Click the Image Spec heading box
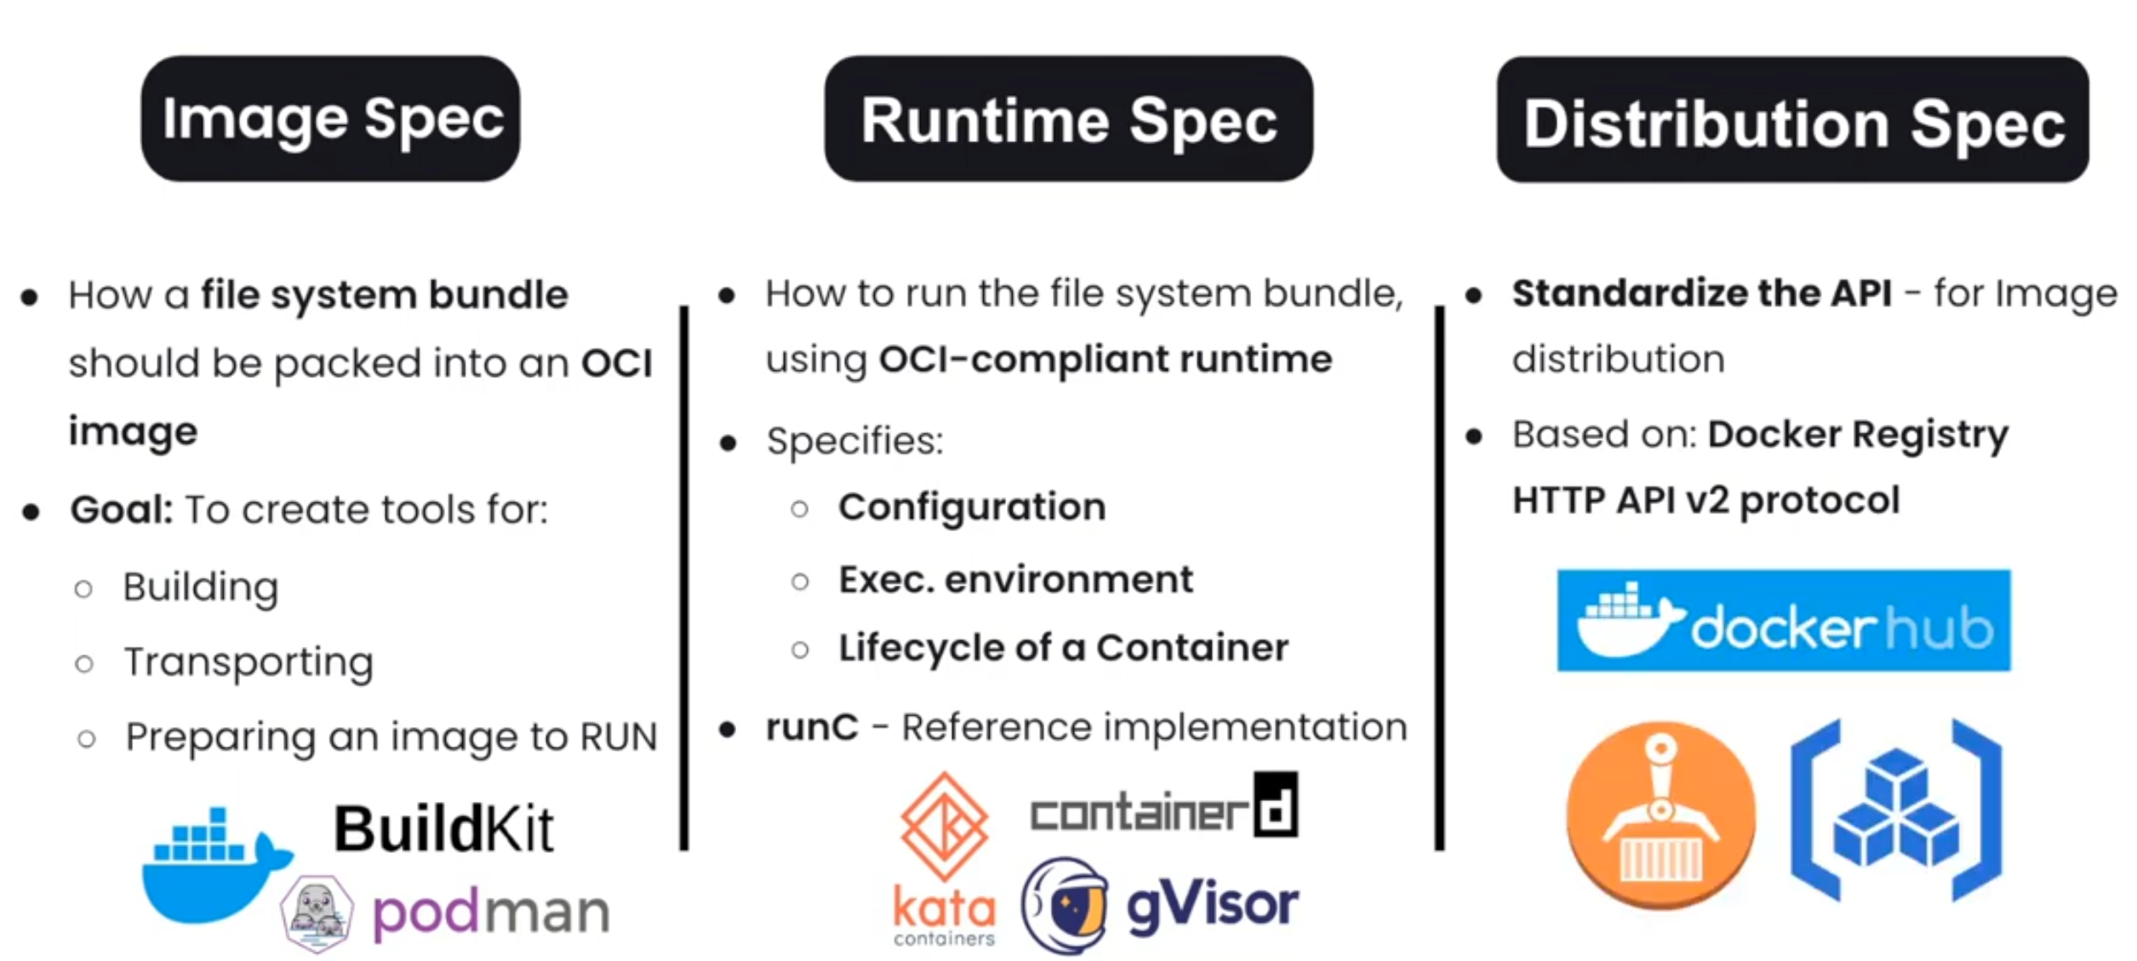pos(330,118)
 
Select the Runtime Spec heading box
pos(1068,119)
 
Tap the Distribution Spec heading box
pos(1792,120)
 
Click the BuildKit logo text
pos(443,828)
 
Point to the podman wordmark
pos(491,913)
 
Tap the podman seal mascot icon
pos(317,913)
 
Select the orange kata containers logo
pos(944,860)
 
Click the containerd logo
pos(1163,807)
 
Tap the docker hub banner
pos(1784,621)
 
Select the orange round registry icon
pos(1660,815)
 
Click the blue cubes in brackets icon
pos(1896,811)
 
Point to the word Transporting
pos(249,662)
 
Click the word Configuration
pos(972,507)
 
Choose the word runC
pos(812,728)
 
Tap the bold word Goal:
pos(122,510)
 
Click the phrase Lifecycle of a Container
pos(1063,648)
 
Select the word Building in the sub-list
pos(201,587)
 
